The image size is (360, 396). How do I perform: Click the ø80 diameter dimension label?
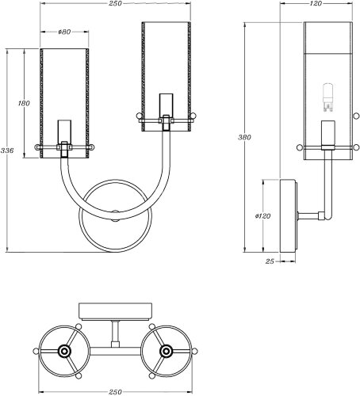pyautogui.click(x=64, y=32)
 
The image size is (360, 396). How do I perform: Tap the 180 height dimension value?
pyautogui.click(x=24, y=103)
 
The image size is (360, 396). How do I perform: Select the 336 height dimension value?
pyautogui.click(x=7, y=150)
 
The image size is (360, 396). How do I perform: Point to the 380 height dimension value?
pyautogui.click(x=244, y=137)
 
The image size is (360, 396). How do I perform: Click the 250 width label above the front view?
pyautogui.click(x=115, y=3)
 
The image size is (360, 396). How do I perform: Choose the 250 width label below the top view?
pyautogui.click(x=115, y=392)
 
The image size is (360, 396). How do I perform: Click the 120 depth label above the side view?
pyautogui.click(x=316, y=3)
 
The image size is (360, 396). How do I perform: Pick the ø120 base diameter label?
pyautogui.click(x=263, y=216)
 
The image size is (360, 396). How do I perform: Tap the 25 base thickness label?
pyautogui.click(x=270, y=261)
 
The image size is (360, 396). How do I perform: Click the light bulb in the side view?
pyautogui.click(x=328, y=97)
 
